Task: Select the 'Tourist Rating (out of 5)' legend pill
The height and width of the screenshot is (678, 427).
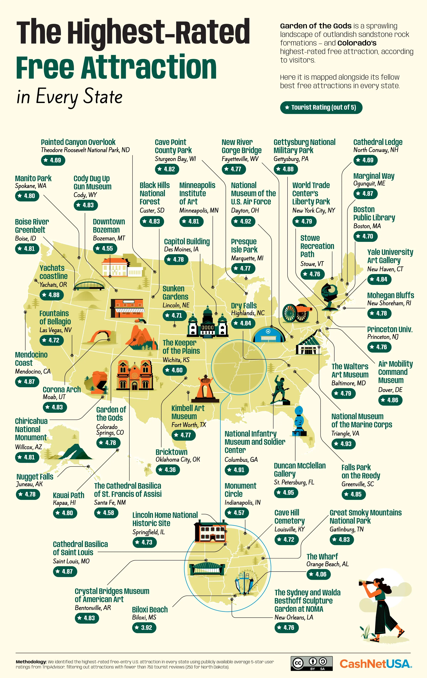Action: click(321, 107)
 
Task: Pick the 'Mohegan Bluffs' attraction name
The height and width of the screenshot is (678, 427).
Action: click(390, 295)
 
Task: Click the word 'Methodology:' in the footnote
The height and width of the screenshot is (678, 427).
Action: click(31, 662)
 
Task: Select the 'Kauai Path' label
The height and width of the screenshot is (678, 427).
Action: click(68, 495)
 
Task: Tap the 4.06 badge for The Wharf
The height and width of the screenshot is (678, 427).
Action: click(318, 574)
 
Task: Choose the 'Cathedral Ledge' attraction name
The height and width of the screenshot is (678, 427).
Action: click(378, 142)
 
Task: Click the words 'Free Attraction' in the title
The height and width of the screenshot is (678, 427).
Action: click(116, 68)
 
